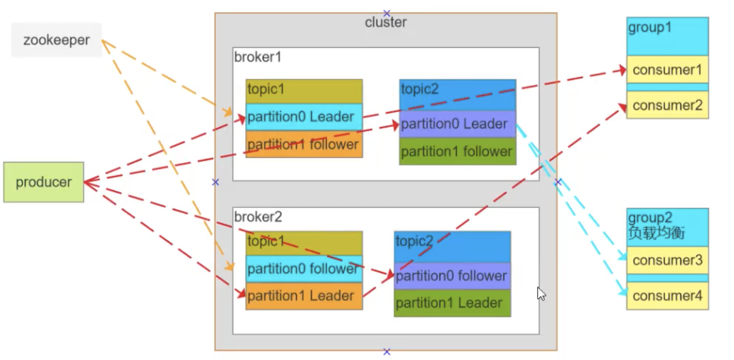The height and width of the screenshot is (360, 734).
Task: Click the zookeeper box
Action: click(56, 40)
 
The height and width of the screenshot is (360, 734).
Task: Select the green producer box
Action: click(44, 182)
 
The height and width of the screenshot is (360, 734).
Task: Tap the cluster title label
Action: click(385, 22)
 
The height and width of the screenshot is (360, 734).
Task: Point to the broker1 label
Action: click(258, 57)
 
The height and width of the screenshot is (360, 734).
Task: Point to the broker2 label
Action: click(258, 217)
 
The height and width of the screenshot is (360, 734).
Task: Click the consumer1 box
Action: click(667, 70)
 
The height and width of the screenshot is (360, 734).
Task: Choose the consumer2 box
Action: click(667, 105)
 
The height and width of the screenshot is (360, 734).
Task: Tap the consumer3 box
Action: click(667, 260)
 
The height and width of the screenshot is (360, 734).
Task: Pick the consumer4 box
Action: click(667, 296)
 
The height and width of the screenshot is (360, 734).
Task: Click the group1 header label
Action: click(650, 28)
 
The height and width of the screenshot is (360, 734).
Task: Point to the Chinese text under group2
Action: click(656, 232)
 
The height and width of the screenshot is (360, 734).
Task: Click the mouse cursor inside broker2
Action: click(541, 294)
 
